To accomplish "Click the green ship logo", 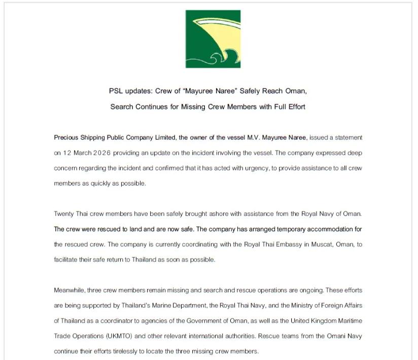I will tap(213, 39).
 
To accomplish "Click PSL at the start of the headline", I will tap(116, 91).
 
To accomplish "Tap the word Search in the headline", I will tap(121, 107).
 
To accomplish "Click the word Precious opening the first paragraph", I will tap(66, 137).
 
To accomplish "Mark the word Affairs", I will tap(353, 306).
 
